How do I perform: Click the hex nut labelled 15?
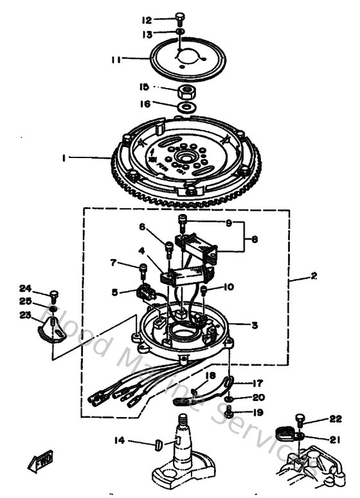[x=187, y=89]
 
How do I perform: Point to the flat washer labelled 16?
[x=187, y=105]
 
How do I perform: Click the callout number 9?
[x=226, y=224]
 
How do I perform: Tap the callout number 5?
[x=114, y=291]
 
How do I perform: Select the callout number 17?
[x=257, y=381]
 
